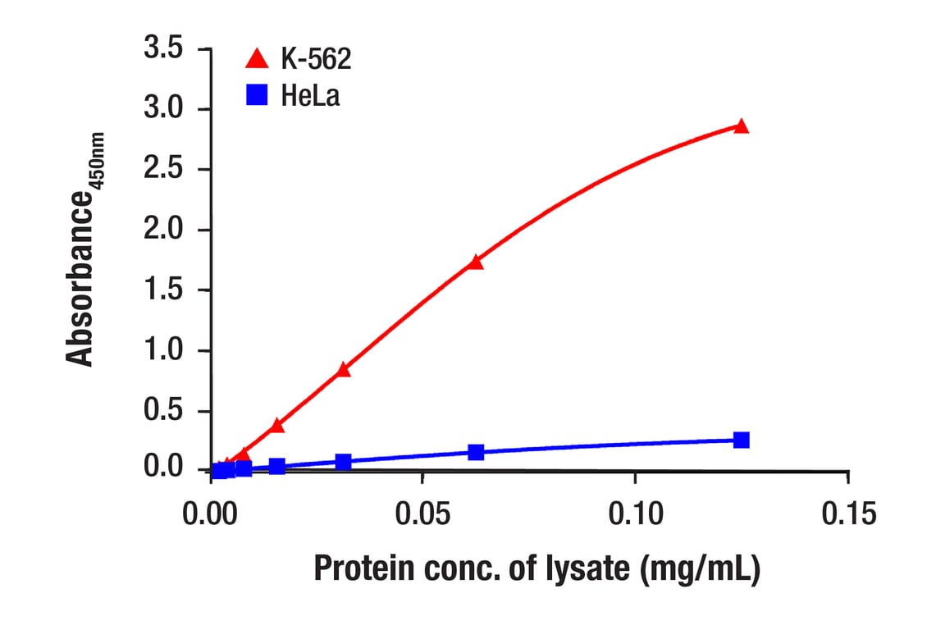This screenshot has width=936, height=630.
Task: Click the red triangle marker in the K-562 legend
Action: coord(258,58)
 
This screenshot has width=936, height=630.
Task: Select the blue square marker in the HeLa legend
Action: coord(258,96)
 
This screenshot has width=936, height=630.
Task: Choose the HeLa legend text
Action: coord(310,96)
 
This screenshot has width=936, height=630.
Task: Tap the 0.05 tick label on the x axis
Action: coord(422,515)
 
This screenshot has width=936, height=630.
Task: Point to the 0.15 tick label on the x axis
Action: coord(848,515)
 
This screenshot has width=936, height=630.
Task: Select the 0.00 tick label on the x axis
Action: coord(211,515)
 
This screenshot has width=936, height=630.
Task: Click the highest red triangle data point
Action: coord(742,126)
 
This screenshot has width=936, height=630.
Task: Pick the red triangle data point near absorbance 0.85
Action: coord(344,370)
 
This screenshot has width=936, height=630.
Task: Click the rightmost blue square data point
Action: coord(742,440)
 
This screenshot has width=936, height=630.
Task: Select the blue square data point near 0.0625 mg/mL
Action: coord(476,452)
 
